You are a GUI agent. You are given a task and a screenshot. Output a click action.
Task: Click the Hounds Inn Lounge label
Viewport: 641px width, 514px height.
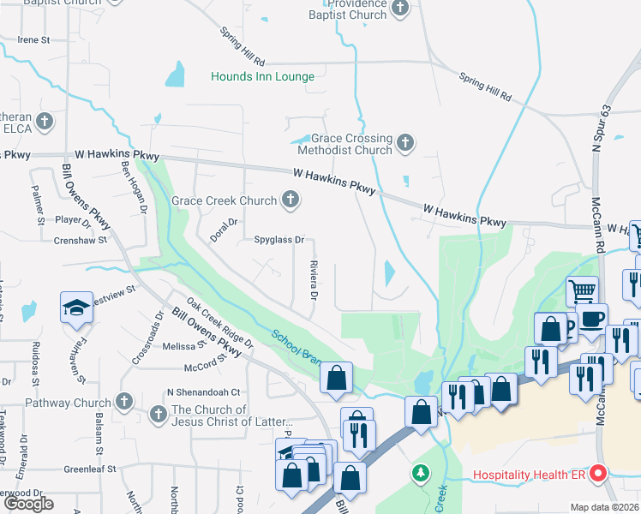(x=263, y=77)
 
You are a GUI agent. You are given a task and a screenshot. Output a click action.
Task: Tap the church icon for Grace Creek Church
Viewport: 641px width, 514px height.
(x=291, y=200)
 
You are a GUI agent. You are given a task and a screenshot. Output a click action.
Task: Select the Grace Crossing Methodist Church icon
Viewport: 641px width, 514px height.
(x=405, y=141)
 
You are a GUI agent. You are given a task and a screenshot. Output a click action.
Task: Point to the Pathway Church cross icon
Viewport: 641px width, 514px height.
(x=124, y=401)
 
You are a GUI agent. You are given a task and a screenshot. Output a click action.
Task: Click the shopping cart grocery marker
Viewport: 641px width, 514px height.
(x=582, y=290)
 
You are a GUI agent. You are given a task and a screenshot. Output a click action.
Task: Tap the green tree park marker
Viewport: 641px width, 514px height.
(x=420, y=473)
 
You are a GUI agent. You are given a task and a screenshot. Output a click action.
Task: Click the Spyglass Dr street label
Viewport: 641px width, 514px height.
(x=279, y=241)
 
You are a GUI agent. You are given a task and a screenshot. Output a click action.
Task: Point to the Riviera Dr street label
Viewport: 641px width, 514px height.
(x=314, y=281)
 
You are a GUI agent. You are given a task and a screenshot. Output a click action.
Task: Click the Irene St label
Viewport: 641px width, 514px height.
(x=34, y=40)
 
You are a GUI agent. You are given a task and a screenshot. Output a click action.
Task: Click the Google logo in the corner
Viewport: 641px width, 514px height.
(x=28, y=504)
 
